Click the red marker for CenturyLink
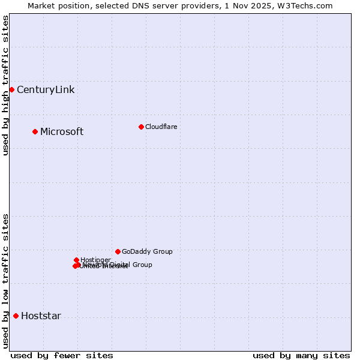coord(11,89)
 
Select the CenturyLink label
coord(46,90)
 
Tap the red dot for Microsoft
coord(35,131)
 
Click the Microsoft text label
coord(62,132)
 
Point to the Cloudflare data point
coord(141,127)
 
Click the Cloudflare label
coord(161,127)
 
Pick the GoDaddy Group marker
coord(118,251)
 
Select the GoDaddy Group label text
coord(147,252)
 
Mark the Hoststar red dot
coord(16,316)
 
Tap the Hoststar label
coord(41,316)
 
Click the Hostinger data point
coord(76,260)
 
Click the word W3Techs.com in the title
coord(309,6)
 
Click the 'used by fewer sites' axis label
coord(62,355)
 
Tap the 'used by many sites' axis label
coord(301,355)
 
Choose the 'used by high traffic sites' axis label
coord(6,85)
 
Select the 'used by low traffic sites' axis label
coord(6,281)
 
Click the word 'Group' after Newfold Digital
coord(142,265)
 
